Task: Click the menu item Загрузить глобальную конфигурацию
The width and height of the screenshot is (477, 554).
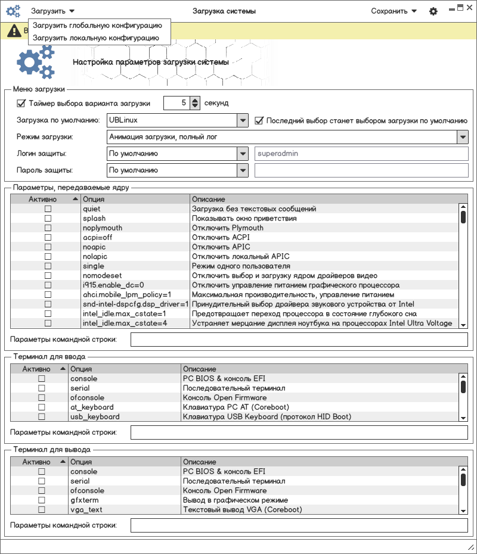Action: tap(97, 26)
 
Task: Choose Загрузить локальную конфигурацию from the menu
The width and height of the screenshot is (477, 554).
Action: tap(96, 38)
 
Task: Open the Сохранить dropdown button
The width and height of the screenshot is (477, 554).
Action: tap(394, 11)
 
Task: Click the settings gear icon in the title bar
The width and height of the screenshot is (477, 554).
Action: tap(433, 11)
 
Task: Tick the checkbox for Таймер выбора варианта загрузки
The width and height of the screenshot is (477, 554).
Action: tap(21, 103)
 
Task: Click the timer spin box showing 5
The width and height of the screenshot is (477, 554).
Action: tap(177, 103)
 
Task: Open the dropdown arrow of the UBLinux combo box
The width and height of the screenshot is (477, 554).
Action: tap(242, 120)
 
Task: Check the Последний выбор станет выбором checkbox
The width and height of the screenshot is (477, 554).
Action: tap(259, 120)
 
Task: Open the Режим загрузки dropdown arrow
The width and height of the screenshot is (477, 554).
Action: tap(463, 137)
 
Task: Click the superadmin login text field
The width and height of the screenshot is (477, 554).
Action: tap(361, 154)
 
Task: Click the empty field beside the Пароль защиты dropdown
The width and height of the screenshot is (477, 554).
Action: tap(361, 170)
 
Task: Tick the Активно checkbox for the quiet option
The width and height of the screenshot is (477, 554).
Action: tap(48, 209)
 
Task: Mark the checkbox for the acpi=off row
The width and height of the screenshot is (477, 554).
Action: tap(48, 238)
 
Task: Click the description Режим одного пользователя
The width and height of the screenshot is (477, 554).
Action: tap(241, 266)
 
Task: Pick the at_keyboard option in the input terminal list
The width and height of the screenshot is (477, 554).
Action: tap(92, 407)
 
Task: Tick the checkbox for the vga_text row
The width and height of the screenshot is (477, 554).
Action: tap(42, 510)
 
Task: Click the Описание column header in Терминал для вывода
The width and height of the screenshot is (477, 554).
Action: tap(200, 462)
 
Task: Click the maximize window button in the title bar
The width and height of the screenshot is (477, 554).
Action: tap(460, 8)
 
